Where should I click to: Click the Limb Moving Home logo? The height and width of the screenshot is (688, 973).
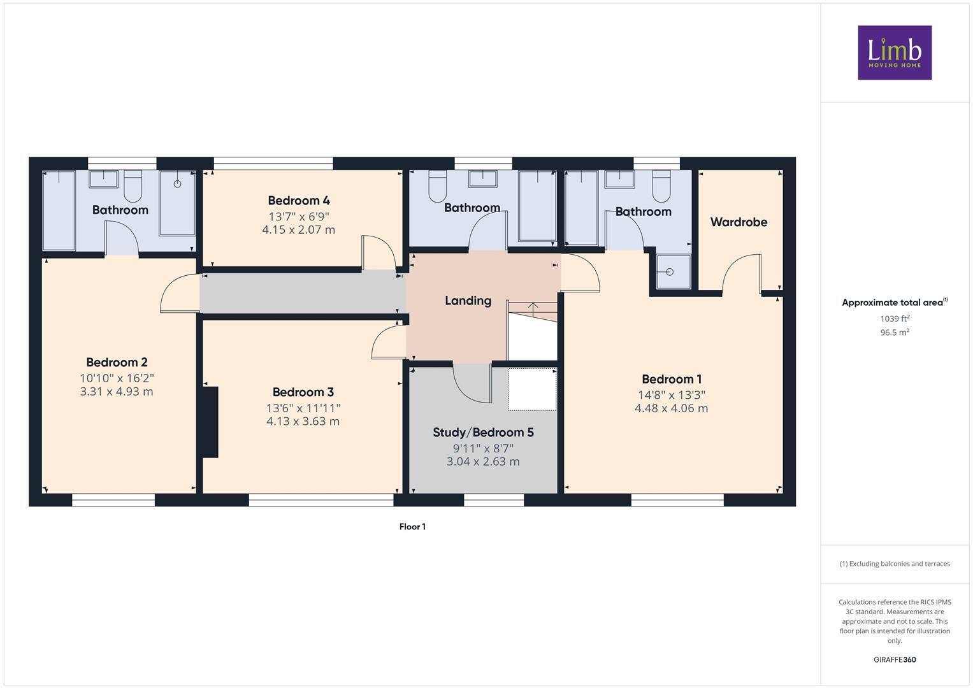tap(894, 53)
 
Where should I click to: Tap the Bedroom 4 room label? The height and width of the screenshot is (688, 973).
tap(298, 201)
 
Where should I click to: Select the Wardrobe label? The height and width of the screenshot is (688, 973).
tap(739, 222)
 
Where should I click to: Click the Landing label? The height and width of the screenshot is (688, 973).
tap(468, 301)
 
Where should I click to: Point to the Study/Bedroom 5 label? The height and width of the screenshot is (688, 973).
tap(483, 433)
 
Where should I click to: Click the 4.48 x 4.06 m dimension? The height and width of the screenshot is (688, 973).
tap(671, 408)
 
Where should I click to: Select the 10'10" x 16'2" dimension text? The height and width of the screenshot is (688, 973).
tap(117, 378)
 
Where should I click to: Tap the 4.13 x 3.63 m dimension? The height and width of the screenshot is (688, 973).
tap(303, 421)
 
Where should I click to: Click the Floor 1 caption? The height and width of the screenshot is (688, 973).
tap(412, 527)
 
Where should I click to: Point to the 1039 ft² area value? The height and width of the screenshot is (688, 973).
tap(895, 319)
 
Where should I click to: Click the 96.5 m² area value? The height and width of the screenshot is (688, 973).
tap(895, 333)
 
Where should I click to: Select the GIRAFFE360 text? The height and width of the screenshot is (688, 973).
tap(895, 659)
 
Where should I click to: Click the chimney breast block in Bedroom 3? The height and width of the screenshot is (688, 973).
tap(210, 422)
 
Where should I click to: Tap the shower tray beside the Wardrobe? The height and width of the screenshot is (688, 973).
tap(670, 272)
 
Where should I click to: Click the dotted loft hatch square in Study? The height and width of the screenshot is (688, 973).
tap(532, 389)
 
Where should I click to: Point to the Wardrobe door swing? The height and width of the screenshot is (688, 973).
tap(741, 274)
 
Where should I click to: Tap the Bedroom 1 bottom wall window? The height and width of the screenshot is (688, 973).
tap(677, 501)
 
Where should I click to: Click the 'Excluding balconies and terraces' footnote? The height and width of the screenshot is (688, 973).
tap(895, 564)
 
